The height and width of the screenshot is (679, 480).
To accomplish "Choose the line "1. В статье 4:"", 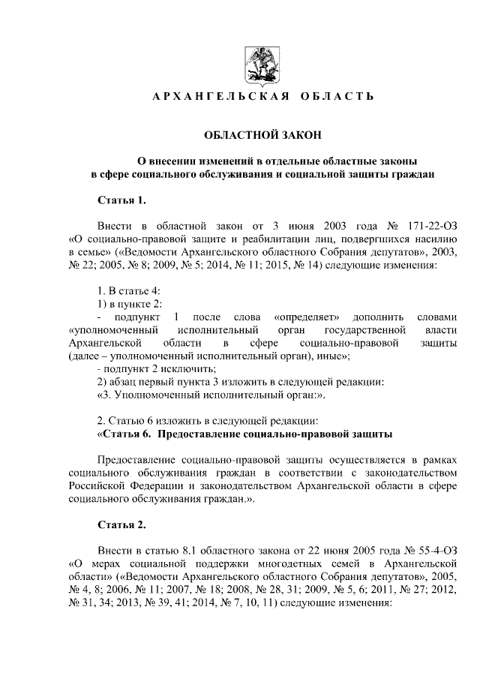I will pos(129,291).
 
